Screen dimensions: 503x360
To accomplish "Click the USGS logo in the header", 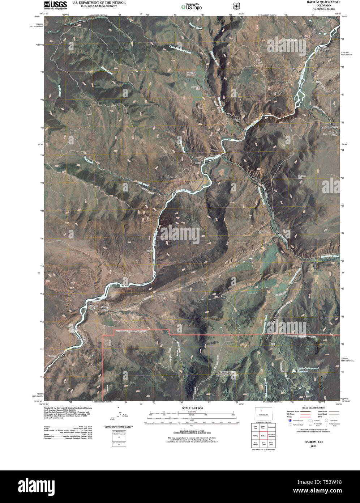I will pos(55,5).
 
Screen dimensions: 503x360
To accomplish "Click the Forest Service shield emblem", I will pos(236,6).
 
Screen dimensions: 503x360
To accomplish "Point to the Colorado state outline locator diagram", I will pos(263,415).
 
